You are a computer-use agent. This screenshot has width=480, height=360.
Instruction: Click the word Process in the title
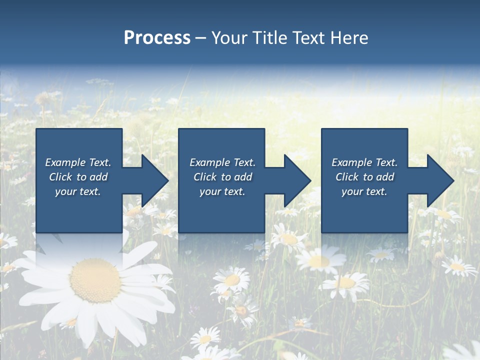click(157, 38)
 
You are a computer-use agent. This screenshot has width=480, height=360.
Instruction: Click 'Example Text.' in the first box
click(78, 162)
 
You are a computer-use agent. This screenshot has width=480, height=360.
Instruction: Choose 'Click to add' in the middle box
click(222, 177)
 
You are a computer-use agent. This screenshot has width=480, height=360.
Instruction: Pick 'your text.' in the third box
click(364, 191)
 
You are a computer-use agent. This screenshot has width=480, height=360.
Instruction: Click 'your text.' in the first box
click(78, 191)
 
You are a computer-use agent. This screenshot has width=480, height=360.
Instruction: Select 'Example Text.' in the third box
click(364, 162)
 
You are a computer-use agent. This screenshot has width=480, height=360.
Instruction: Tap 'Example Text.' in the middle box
click(222, 162)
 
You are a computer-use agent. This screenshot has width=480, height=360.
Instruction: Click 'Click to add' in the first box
click(78, 177)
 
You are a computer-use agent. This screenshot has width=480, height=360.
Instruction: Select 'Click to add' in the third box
click(364, 177)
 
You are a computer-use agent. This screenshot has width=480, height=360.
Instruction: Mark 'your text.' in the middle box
click(222, 191)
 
